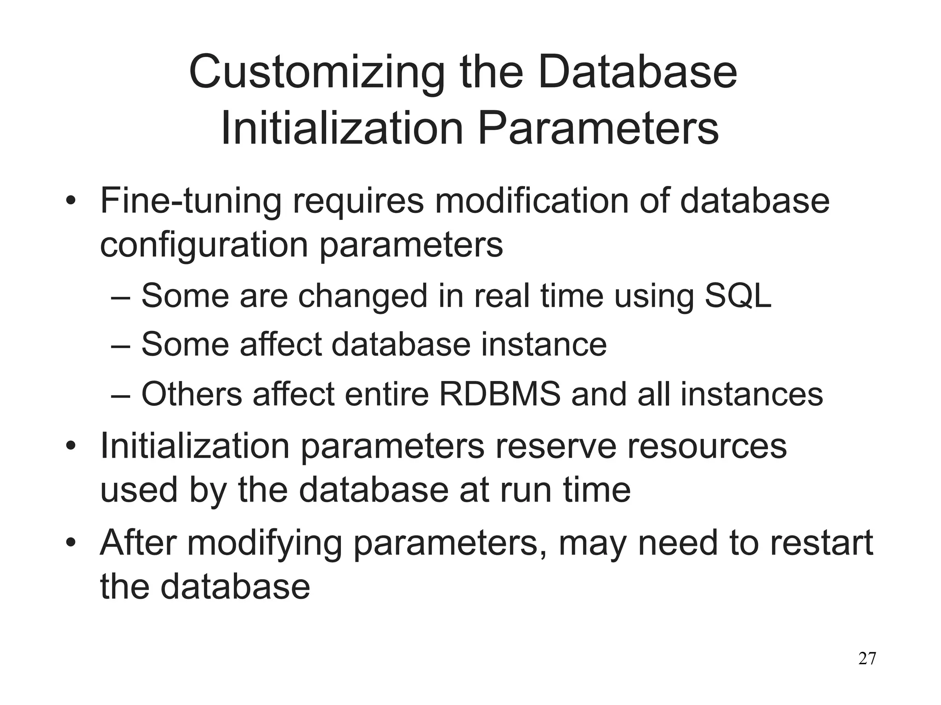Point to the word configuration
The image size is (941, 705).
tap(204, 246)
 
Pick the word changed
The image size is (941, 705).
tap(363, 297)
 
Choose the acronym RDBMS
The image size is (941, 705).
tap(500, 394)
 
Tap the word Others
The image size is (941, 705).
tap(191, 394)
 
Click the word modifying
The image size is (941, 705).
tap(264, 543)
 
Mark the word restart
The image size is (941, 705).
tap(821, 543)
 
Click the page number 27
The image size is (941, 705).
tap(867, 659)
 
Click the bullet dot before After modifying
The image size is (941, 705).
tap(70, 543)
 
